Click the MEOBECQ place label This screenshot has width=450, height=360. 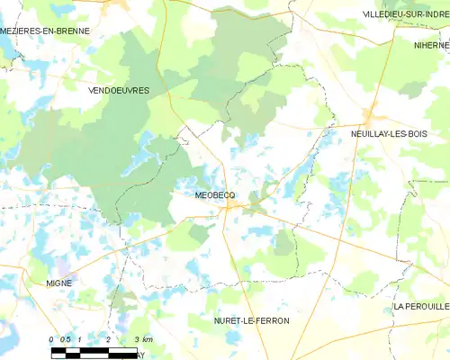pyautogui.click(x=214, y=193)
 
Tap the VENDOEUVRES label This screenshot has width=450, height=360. pyautogui.click(x=119, y=91)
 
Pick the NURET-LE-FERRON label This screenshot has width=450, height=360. pyautogui.click(x=251, y=320)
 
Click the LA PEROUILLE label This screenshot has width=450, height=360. pyautogui.click(x=420, y=307)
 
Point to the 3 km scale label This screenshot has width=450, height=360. pyautogui.click(x=142, y=338)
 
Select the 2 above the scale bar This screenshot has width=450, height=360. pyautogui.click(x=108, y=338)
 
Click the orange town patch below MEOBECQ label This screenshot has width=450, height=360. pyautogui.click(x=231, y=206)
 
